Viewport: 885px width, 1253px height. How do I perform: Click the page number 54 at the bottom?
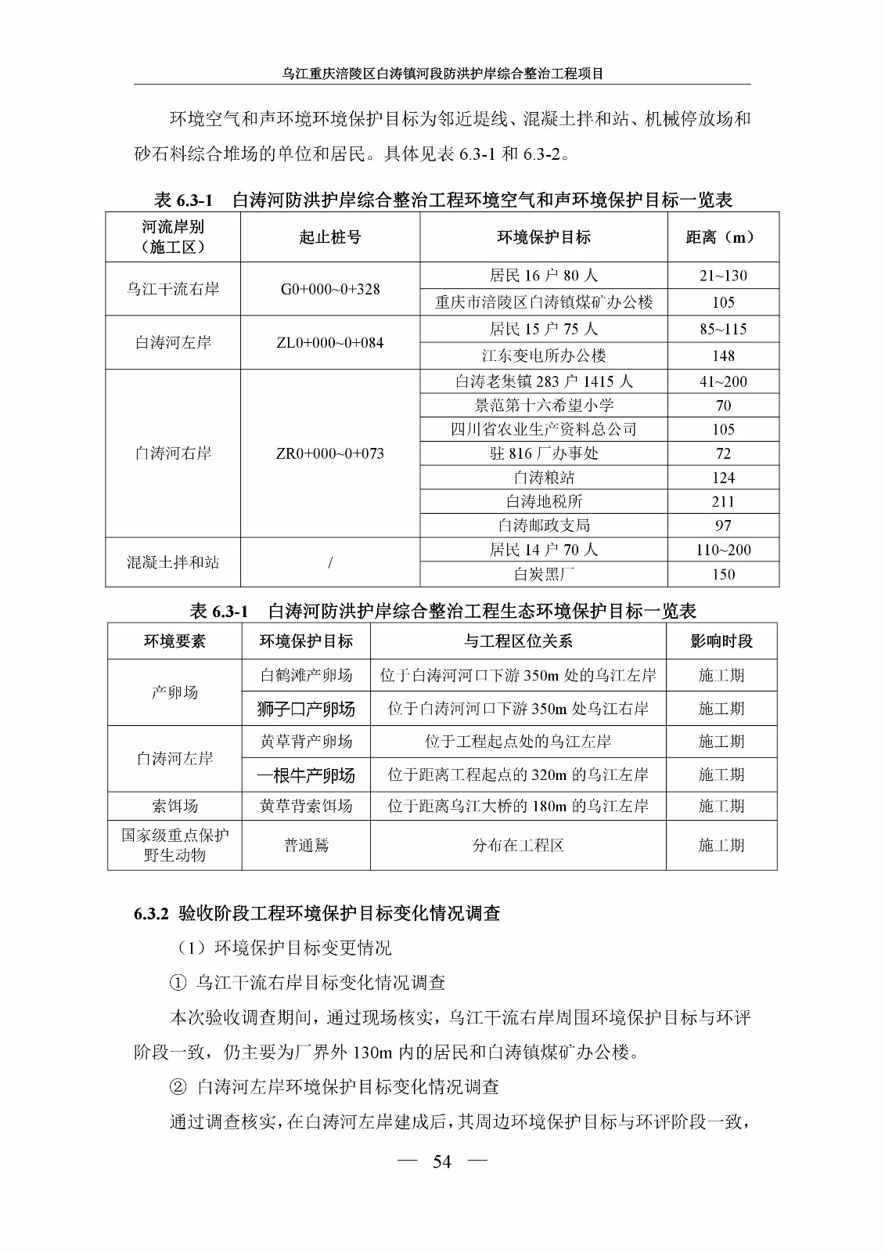click(442, 1161)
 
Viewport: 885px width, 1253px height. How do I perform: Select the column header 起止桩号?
click(329, 237)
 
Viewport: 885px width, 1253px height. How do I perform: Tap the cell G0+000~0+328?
click(329, 289)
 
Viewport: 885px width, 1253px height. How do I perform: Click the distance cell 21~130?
click(723, 276)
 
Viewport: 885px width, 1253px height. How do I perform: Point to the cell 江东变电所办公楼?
click(543, 356)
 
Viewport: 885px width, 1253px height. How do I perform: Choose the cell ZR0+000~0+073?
click(329, 453)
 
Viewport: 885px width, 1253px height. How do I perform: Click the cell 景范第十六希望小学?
click(543, 405)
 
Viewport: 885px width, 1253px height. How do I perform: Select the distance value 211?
click(723, 501)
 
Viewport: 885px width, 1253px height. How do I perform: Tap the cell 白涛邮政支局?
click(543, 525)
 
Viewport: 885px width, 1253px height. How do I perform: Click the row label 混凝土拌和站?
click(173, 562)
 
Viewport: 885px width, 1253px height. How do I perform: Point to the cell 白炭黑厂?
click(543, 574)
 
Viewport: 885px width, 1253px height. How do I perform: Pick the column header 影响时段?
click(721, 641)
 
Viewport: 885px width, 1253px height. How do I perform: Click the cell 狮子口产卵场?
click(306, 709)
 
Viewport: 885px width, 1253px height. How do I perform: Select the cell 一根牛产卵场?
click(306, 775)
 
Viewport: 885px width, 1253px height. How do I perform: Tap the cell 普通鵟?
click(306, 846)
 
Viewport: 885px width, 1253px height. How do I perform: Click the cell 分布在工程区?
click(518, 846)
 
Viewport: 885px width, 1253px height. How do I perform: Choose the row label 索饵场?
click(174, 806)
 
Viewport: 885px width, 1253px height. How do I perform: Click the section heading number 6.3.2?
click(151, 914)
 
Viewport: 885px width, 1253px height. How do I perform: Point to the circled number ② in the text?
click(178, 1087)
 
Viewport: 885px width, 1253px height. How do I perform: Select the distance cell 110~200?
click(723, 550)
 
